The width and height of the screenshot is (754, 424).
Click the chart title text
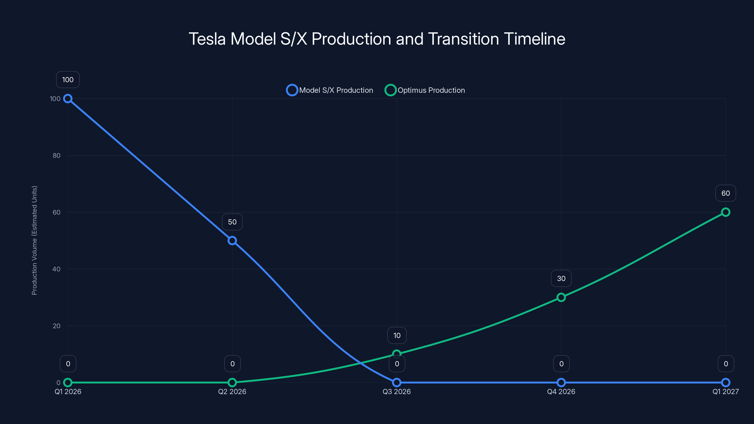pos(377,39)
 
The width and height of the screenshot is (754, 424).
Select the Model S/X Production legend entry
pos(330,90)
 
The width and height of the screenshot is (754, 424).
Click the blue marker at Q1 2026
pos(68,99)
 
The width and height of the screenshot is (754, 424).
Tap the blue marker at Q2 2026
pos(232,241)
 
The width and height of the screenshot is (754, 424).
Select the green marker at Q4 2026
pos(561,297)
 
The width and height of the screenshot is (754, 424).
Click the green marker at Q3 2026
pos(397,354)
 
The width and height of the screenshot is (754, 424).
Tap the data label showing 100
pos(68,80)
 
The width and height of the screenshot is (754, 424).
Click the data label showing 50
pos(232,222)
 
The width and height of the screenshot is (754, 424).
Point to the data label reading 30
pos(561,278)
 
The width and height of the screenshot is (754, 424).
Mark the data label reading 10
pos(397,335)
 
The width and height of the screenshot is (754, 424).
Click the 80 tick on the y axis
pos(57,155)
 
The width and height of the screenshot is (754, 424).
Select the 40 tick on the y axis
pos(57,269)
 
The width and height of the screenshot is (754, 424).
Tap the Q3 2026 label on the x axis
pos(397,391)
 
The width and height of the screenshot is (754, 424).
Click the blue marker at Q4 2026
pos(561,383)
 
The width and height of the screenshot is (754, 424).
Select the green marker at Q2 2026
pos(232,383)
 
